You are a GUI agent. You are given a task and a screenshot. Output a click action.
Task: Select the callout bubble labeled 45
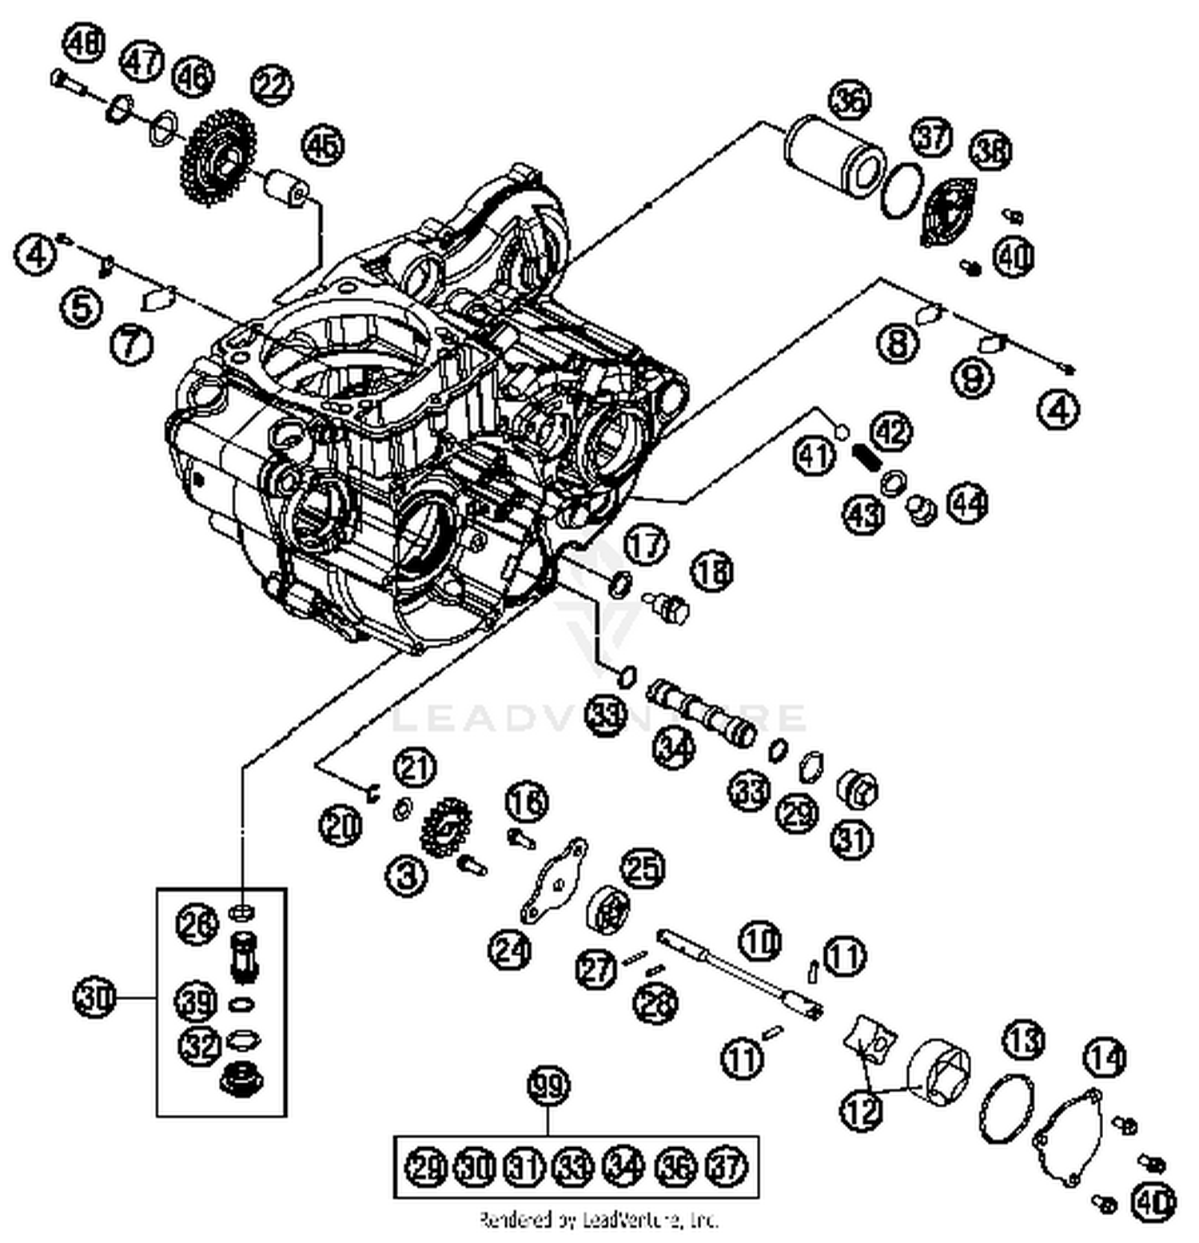[x=323, y=145]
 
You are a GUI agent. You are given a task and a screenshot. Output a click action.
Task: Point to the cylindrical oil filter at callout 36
[x=835, y=155]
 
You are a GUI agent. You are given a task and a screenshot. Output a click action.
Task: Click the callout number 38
[x=991, y=150]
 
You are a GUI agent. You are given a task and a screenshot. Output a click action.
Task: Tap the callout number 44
[x=967, y=504]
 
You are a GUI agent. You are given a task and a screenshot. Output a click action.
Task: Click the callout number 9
[x=972, y=376]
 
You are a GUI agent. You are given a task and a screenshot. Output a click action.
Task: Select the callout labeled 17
[x=645, y=546]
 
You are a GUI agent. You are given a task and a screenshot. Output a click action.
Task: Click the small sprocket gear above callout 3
[x=445, y=828]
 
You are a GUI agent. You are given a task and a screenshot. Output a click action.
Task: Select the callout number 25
[x=643, y=868]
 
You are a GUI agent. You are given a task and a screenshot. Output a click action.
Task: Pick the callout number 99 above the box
[x=548, y=1086]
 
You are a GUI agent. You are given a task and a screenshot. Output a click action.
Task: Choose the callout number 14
[x=1105, y=1058]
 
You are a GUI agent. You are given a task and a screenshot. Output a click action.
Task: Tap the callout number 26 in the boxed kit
[x=197, y=924]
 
